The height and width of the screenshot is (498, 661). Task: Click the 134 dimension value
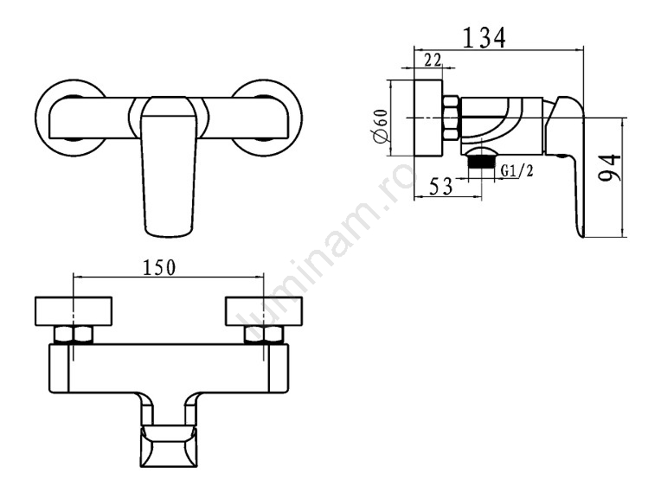tap(484, 37)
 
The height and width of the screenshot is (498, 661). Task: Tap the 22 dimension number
tap(433, 61)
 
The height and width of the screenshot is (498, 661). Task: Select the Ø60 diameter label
tap(381, 125)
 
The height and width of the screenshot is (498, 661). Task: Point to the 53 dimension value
tap(441, 186)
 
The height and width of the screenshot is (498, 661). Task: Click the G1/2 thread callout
tap(517, 170)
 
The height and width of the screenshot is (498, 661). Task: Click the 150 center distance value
tap(159, 267)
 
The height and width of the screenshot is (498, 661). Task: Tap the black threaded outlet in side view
tap(481, 162)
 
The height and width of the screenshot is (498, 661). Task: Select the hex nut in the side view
tap(452, 118)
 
